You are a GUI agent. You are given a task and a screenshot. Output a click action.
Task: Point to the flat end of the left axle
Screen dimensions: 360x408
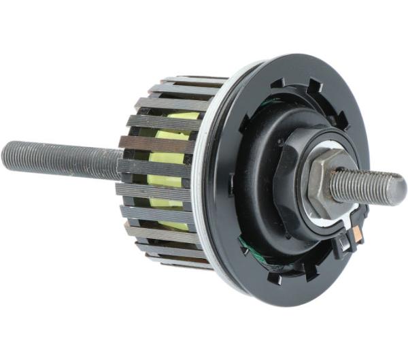click(6, 156)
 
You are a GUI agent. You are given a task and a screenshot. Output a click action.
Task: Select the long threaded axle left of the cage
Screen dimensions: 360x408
click(61, 158)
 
